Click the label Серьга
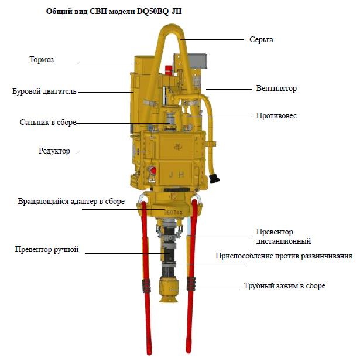(261, 40)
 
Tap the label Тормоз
(42, 59)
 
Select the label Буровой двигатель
(44, 91)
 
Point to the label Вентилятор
(276, 89)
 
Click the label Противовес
(276, 115)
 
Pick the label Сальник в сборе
(48, 122)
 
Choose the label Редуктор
(54, 151)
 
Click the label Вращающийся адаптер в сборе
(71, 202)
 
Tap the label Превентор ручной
(47, 250)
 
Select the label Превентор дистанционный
(283, 237)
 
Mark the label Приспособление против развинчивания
(284, 256)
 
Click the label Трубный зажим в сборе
(284, 286)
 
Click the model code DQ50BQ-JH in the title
(159, 11)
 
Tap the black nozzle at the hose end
(214, 178)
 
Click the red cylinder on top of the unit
(169, 70)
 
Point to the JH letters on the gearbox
(176, 174)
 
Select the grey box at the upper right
(197, 61)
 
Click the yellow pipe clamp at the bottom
(169, 290)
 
